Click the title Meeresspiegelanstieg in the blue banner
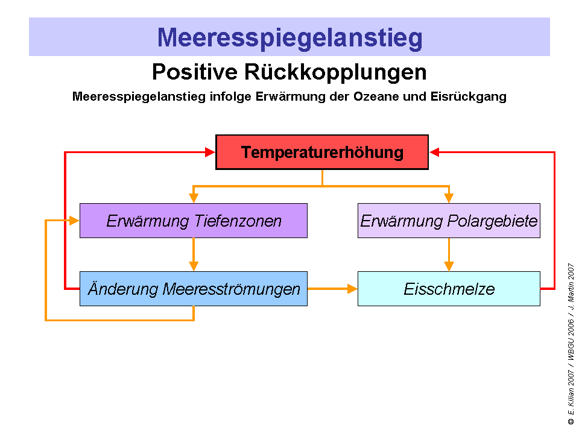(289, 37)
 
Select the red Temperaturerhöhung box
(322, 152)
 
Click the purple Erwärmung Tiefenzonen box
(194, 221)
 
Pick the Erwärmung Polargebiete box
(449, 221)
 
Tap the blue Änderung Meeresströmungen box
(194, 289)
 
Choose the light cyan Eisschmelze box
(449, 289)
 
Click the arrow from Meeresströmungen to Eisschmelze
(332, 289)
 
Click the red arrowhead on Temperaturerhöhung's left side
(210, 153)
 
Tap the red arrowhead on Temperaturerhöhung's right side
(434, 153)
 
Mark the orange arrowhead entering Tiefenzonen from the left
(75, 221)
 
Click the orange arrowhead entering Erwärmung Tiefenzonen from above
(194, 198)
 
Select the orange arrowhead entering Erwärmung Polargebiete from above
(449, 198)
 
